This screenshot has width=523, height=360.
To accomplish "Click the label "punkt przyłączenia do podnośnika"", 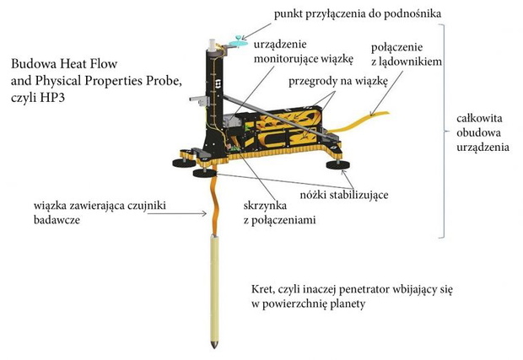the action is [x=357, y=14].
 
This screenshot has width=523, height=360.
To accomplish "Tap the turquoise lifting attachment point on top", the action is [x=238, y=42].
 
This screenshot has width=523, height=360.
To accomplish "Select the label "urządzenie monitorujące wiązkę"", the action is [x=303, y=51].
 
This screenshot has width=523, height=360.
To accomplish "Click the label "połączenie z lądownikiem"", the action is [x=407, y=54].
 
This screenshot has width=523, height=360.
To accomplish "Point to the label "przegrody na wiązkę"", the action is [x=338, y=82].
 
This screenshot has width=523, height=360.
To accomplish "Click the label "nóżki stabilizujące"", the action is [x=344, y=195].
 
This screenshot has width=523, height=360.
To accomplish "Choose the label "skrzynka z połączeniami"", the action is [x=279, y=212].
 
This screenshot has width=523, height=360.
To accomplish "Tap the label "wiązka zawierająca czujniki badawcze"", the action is [x=100, y=212].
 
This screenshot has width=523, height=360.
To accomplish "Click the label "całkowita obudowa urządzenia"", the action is [x=483, y=132].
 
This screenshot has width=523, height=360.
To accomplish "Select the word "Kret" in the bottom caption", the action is [x=262, y=289].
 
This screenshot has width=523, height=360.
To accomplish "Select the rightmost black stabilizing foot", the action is [x=338, y=164].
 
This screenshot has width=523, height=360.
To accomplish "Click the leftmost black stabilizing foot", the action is [x=184, y=163].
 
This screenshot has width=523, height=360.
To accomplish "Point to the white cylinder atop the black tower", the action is [x=212, y=45].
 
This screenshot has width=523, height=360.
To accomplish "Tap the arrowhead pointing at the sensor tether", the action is [x=204, y=213].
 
